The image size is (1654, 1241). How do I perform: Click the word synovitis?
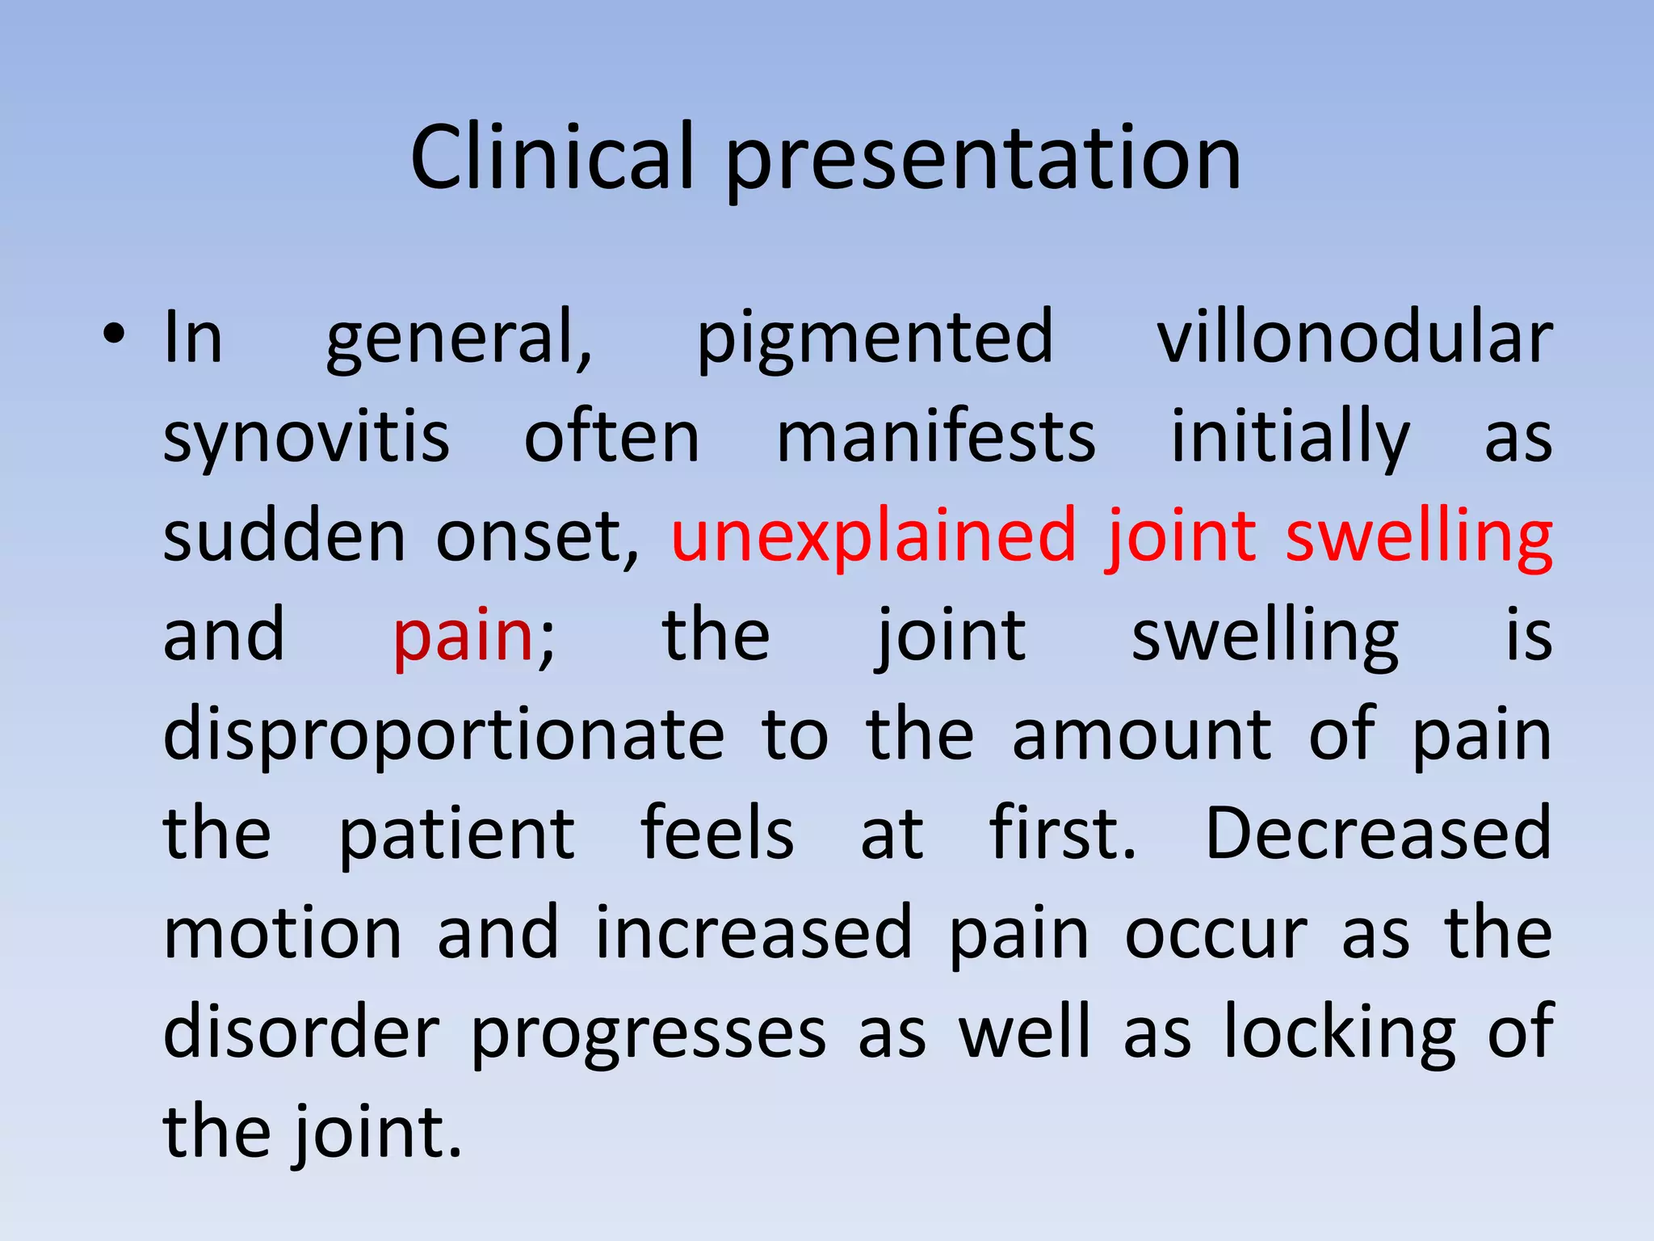306,437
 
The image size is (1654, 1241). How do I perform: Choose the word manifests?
935,437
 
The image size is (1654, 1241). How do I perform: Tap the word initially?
1290,437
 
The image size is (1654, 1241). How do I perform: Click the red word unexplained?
874,536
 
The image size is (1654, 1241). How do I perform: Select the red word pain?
463,636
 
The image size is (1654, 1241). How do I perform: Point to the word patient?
456,834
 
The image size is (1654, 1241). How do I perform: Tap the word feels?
717,834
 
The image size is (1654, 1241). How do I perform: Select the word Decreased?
1378,834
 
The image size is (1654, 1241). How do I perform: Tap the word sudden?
284,536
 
